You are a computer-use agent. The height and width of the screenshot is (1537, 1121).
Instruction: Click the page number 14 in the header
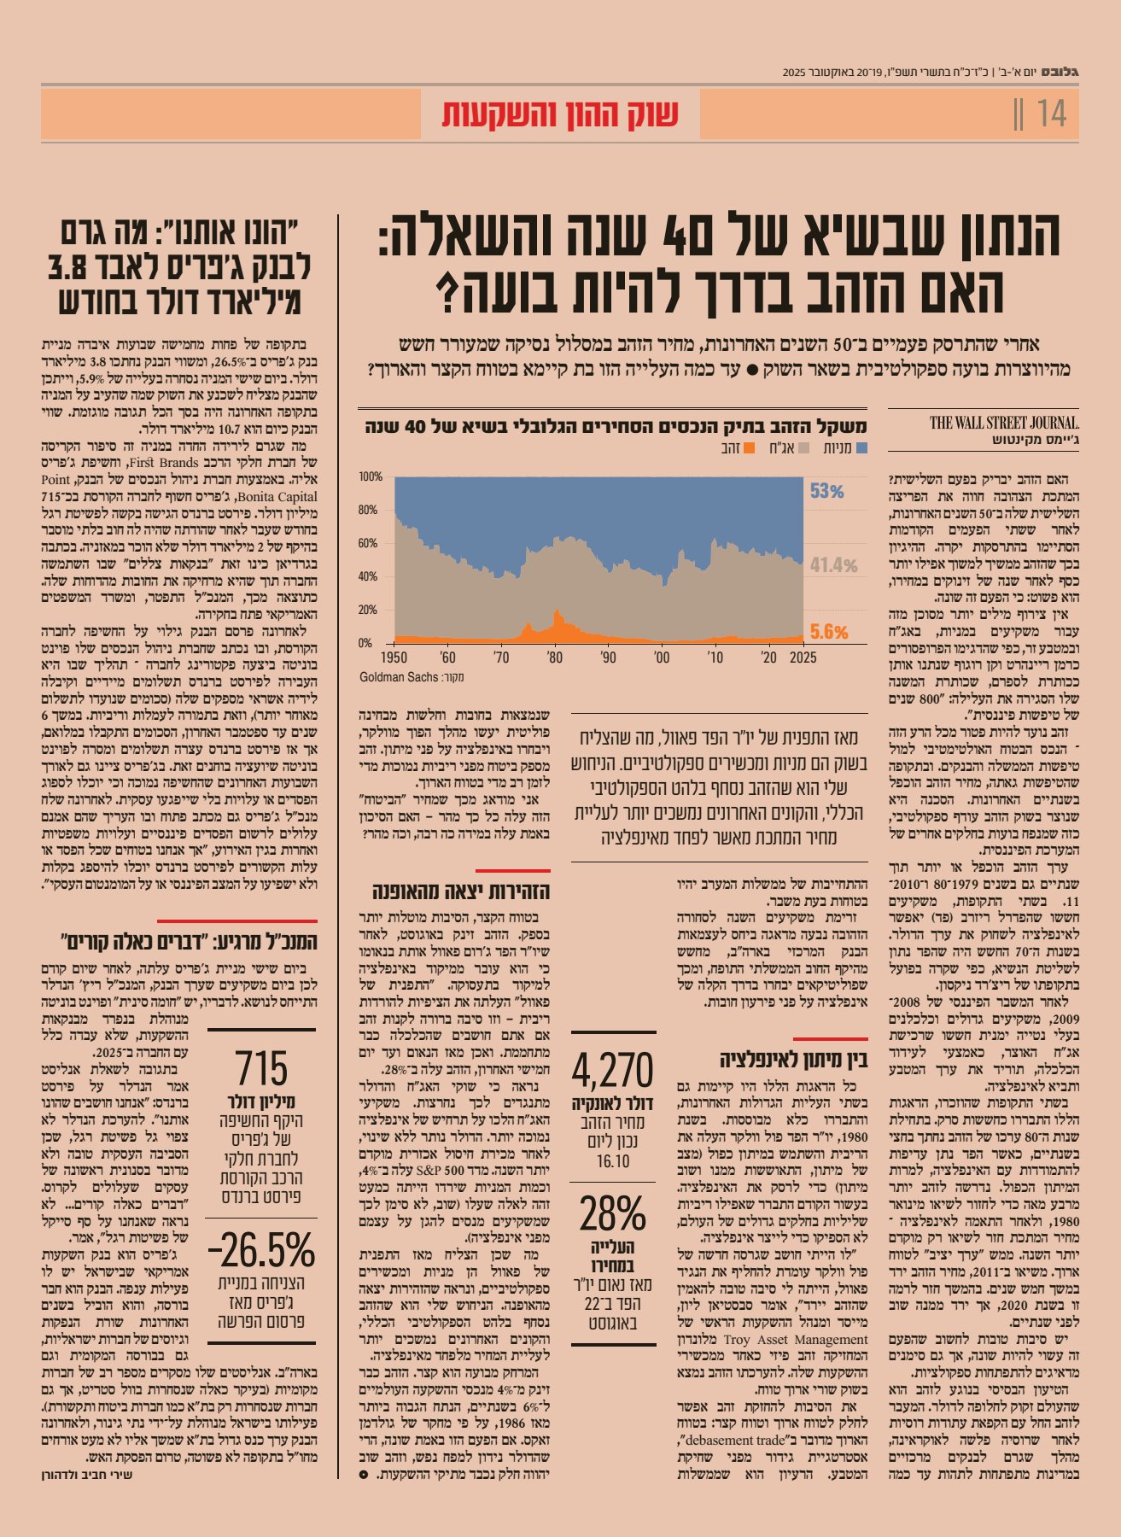(1051, 114)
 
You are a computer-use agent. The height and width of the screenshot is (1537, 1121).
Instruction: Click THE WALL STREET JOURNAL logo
(1004, 423)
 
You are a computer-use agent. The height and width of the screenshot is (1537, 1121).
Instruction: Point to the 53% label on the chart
(826, 491)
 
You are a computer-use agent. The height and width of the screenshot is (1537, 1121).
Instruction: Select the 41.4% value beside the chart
(833, 565)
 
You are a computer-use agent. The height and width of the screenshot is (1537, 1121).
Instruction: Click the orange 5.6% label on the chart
(828, 632)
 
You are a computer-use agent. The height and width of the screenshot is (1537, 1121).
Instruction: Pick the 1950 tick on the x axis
(394, 657)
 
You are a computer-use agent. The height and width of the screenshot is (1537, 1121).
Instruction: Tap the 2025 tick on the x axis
(803, 657)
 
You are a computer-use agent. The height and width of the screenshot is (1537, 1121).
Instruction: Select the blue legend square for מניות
(861, 447)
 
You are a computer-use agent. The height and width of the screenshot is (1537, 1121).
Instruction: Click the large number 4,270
(612, 1070)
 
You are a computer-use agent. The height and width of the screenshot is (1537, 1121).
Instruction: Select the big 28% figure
(612, 1213)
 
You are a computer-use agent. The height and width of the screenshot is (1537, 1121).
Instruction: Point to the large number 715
(261, 1068)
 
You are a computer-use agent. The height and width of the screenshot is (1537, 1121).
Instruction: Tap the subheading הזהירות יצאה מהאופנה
(461, 892)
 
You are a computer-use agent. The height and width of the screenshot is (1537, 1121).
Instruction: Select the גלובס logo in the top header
(1062, 72)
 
